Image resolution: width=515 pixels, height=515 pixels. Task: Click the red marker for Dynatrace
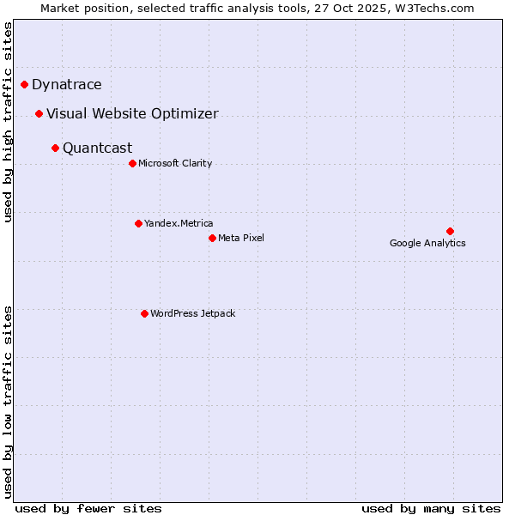pos(24,84)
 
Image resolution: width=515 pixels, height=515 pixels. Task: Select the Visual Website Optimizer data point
pos(39,113)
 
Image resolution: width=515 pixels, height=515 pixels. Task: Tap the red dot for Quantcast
pos(55,148)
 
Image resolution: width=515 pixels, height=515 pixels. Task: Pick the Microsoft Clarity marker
pos(132,163)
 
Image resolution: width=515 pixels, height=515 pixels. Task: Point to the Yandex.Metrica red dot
pos(138,223)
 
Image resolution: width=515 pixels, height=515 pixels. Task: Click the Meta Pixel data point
pos(212,238)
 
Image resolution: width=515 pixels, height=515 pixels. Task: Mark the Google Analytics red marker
pos(450,231)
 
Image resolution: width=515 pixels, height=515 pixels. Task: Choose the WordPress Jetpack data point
pos(144,313)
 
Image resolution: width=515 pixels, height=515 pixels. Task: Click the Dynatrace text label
pos(67,84)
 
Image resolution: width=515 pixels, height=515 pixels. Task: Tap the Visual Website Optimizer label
pos(132,113)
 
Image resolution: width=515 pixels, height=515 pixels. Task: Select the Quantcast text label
pos(98,148)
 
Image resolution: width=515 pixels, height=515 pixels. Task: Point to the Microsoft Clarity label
pos(175,163)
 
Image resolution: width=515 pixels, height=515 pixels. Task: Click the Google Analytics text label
pos(427,243)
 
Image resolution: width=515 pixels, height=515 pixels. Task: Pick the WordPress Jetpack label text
pos(192,313)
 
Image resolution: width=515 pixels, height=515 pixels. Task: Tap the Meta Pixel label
pos(241,238)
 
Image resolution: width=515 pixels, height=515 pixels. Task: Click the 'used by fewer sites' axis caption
pos(88,508)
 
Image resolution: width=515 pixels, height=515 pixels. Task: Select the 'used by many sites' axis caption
pos(431,508)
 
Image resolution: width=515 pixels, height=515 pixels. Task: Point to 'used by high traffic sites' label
pos(9,122)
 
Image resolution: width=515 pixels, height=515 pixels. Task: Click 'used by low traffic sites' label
pos(9,402)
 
